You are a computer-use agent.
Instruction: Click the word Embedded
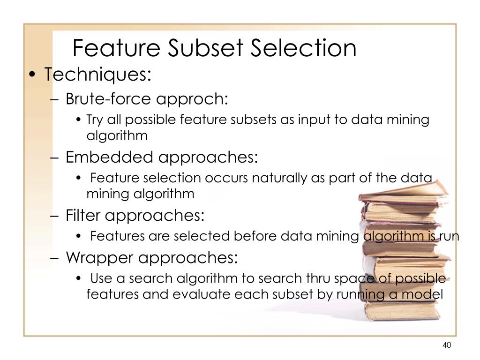coord(109,157)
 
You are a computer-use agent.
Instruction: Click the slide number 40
coord(446,345)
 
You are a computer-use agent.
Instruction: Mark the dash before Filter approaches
coord(55,216)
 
